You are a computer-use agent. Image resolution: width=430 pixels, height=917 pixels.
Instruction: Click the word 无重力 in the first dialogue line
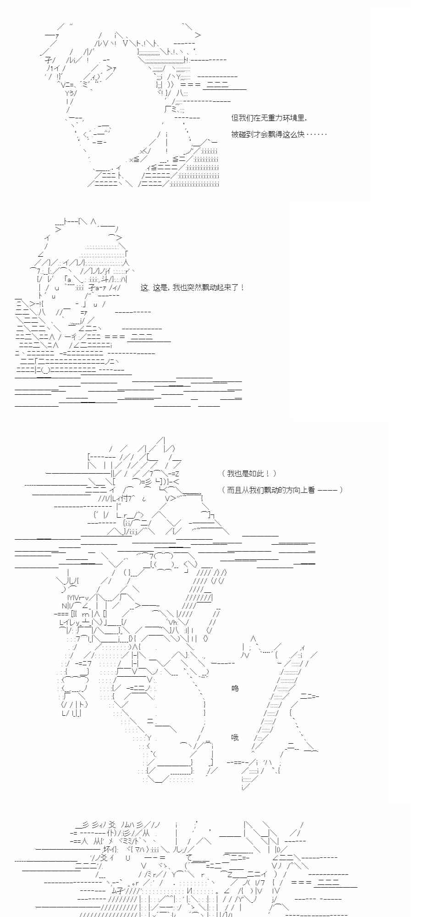(x=270, y=118)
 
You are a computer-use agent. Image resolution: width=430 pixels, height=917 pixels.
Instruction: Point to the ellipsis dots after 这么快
(x=316, y=134)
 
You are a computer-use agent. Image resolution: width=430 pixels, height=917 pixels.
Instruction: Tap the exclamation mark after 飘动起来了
(x=242, y=288)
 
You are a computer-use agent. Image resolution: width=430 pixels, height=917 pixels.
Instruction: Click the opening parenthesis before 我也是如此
(x=223, y=474)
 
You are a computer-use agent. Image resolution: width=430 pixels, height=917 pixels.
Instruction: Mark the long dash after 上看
(x=327, y=490)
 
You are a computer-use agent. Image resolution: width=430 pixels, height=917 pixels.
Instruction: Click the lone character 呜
(x=235, y=688)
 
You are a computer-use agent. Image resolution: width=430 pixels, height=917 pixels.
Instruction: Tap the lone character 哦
(x=235, y=737)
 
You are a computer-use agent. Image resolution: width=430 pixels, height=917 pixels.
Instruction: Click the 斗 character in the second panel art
(x=105, y=279)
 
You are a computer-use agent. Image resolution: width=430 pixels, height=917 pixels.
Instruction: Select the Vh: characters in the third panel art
(x=173, y=622)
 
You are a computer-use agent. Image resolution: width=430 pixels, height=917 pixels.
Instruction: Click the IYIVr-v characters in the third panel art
(x=78, y=597)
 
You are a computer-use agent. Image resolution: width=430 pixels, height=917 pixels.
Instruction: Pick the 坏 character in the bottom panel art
(x=107, y=849)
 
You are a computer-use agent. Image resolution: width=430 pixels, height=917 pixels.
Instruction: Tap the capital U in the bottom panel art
(x=128, y=857)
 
